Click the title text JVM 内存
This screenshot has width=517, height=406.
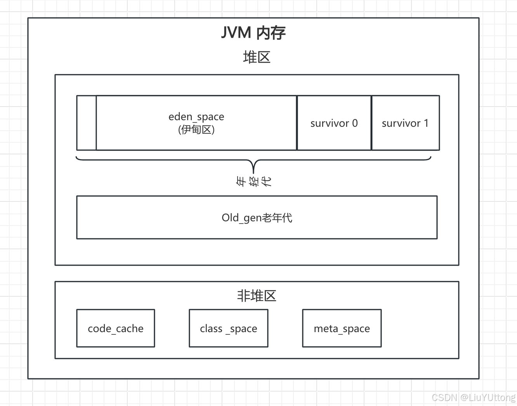[x=253, y=33]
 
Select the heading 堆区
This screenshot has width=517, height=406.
[x=257, y=58]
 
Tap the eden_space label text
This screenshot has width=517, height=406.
[x=196, y=117]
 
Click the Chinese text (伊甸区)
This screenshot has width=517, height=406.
[x=196, y=129]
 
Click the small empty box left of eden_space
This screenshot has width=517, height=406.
[x=87, y=123]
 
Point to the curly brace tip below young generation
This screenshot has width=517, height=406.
[x=253, y=171]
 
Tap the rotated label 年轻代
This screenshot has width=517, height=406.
[x=254, y=182]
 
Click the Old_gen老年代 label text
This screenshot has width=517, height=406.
[x=257, y=218]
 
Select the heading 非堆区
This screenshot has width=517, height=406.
[x=257, y=296]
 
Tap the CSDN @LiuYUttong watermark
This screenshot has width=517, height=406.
[x=473, y=397]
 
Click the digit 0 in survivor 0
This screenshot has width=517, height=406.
[x=355, y=123]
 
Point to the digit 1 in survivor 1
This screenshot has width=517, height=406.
[x=426, y=123]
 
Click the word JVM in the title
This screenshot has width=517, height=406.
[x=236, y=33]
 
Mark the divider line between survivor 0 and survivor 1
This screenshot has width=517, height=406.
[x=371, y=123]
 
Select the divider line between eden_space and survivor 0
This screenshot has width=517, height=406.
[x=297, y=123]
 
